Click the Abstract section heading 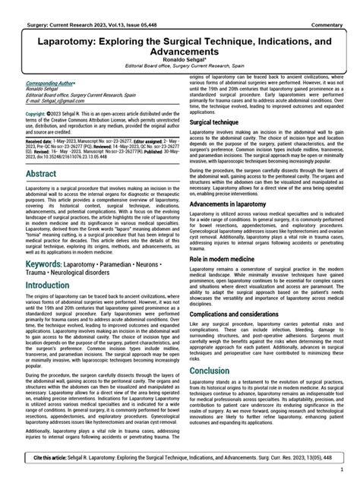coord(41,175)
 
